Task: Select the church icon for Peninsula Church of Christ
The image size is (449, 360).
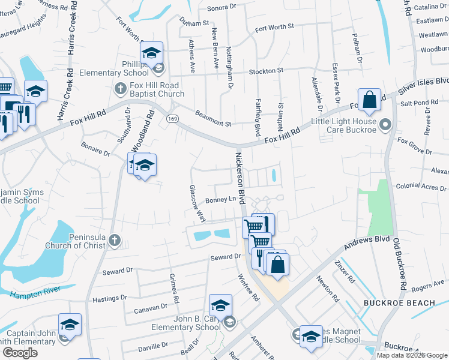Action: click(x=115, y=241)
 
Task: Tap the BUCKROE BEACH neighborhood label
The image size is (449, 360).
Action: click(x=399, y=303)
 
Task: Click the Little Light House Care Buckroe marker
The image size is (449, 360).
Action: click(x=386, y=125)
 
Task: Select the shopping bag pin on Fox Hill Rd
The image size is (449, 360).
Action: click(x=370, y=100)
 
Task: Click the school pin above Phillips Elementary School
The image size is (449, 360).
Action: click(x=152, y=53)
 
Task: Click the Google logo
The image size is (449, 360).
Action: click(x=20, y=352)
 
